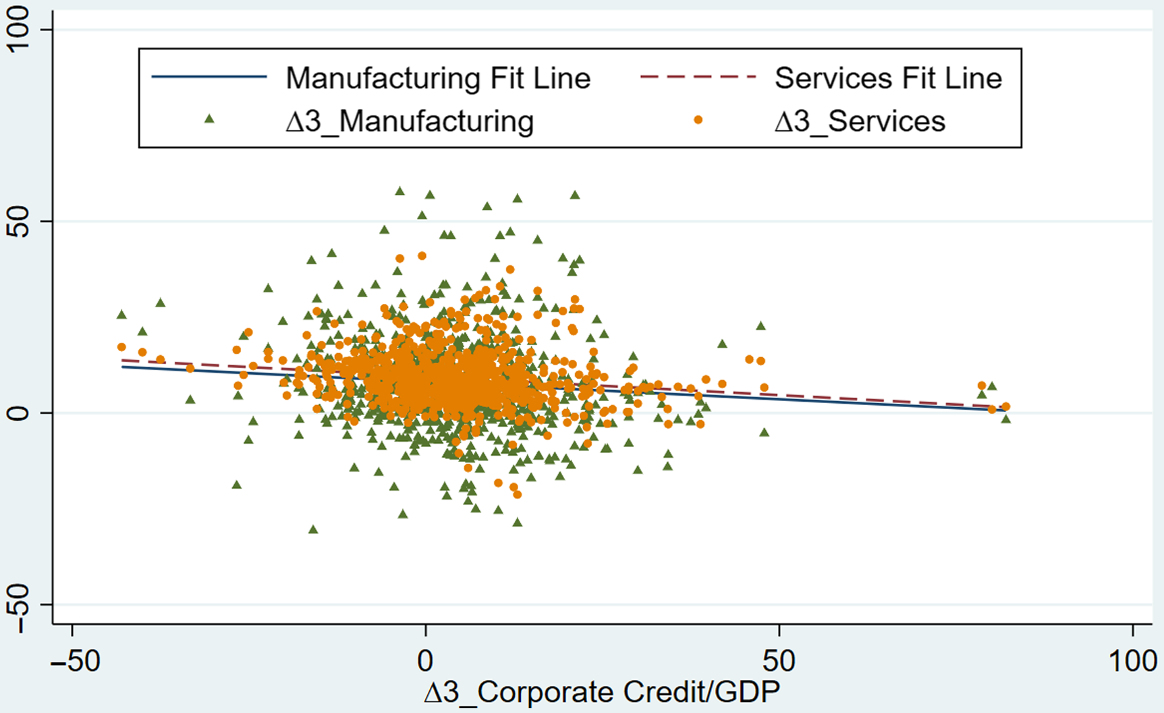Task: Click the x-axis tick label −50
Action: (76, 661)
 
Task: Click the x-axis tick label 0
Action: (425, 661)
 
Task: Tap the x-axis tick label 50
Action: (779, 661)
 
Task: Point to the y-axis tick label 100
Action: (18, 28)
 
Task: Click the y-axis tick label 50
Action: (18, 221)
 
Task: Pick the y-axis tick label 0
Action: (18, 413)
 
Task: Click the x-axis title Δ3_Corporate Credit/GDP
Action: (602, 692)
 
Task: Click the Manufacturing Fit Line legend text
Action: (438, 78)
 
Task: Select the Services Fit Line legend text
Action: (888, 78)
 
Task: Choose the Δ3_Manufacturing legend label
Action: (410, 122)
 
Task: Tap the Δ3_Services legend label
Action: (860, 122)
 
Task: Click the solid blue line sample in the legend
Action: (209, 77)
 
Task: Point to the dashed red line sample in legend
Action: (698, 77)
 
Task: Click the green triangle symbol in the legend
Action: (209, 120)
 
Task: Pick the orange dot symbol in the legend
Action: (698, 120)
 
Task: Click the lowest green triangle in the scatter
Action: (313, 529)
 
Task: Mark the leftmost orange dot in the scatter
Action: (121, 347)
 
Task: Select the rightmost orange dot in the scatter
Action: (1005, 406)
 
